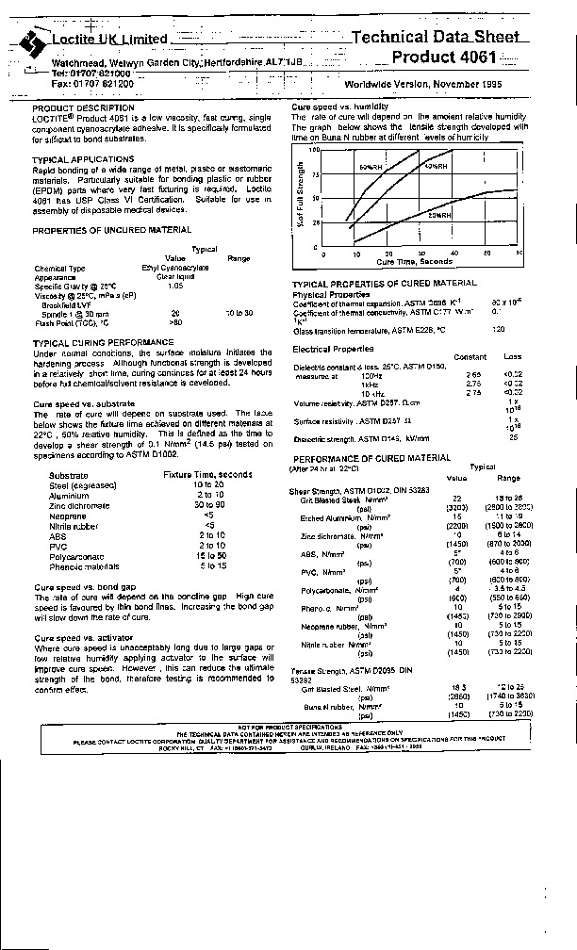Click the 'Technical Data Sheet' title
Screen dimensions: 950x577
click(x=435, y=38)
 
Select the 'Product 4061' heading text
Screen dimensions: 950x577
click(x=456, y=57)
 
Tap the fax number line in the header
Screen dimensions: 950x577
click(x=92, y=84)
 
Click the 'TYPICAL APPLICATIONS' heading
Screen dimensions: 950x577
click(x=83, y=159)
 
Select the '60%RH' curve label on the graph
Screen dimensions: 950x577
click(x=369, y=167)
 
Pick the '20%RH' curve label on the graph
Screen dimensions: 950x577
click(x=440, y=216)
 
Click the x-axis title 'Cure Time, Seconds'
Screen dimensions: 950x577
click(x=415, y=261)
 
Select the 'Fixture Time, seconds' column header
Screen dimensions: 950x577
click(x=206, y=475)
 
